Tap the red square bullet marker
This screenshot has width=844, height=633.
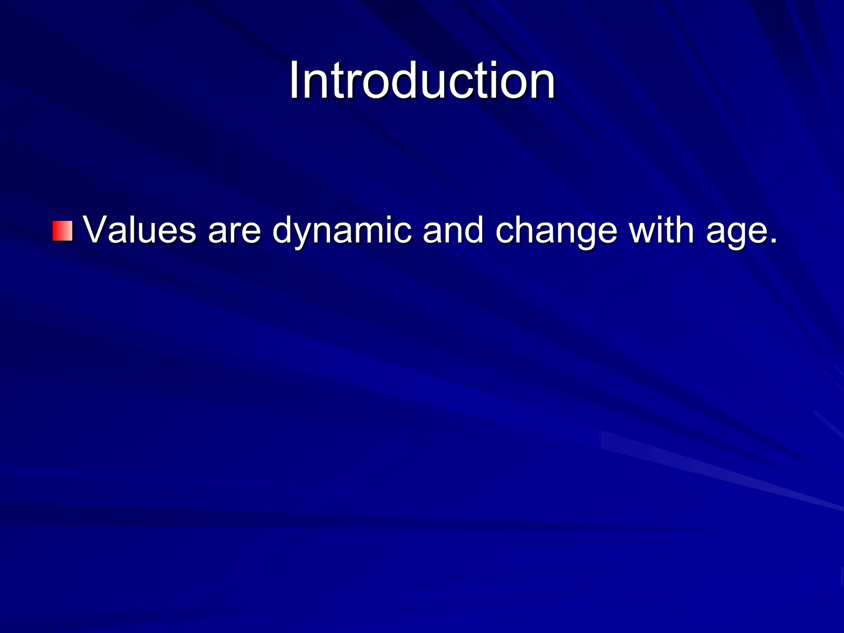tap(63, 231)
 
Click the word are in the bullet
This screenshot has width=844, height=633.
tap(234, 231)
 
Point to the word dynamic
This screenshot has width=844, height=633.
tap(342, 231)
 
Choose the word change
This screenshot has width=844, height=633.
tap(556, 231)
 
